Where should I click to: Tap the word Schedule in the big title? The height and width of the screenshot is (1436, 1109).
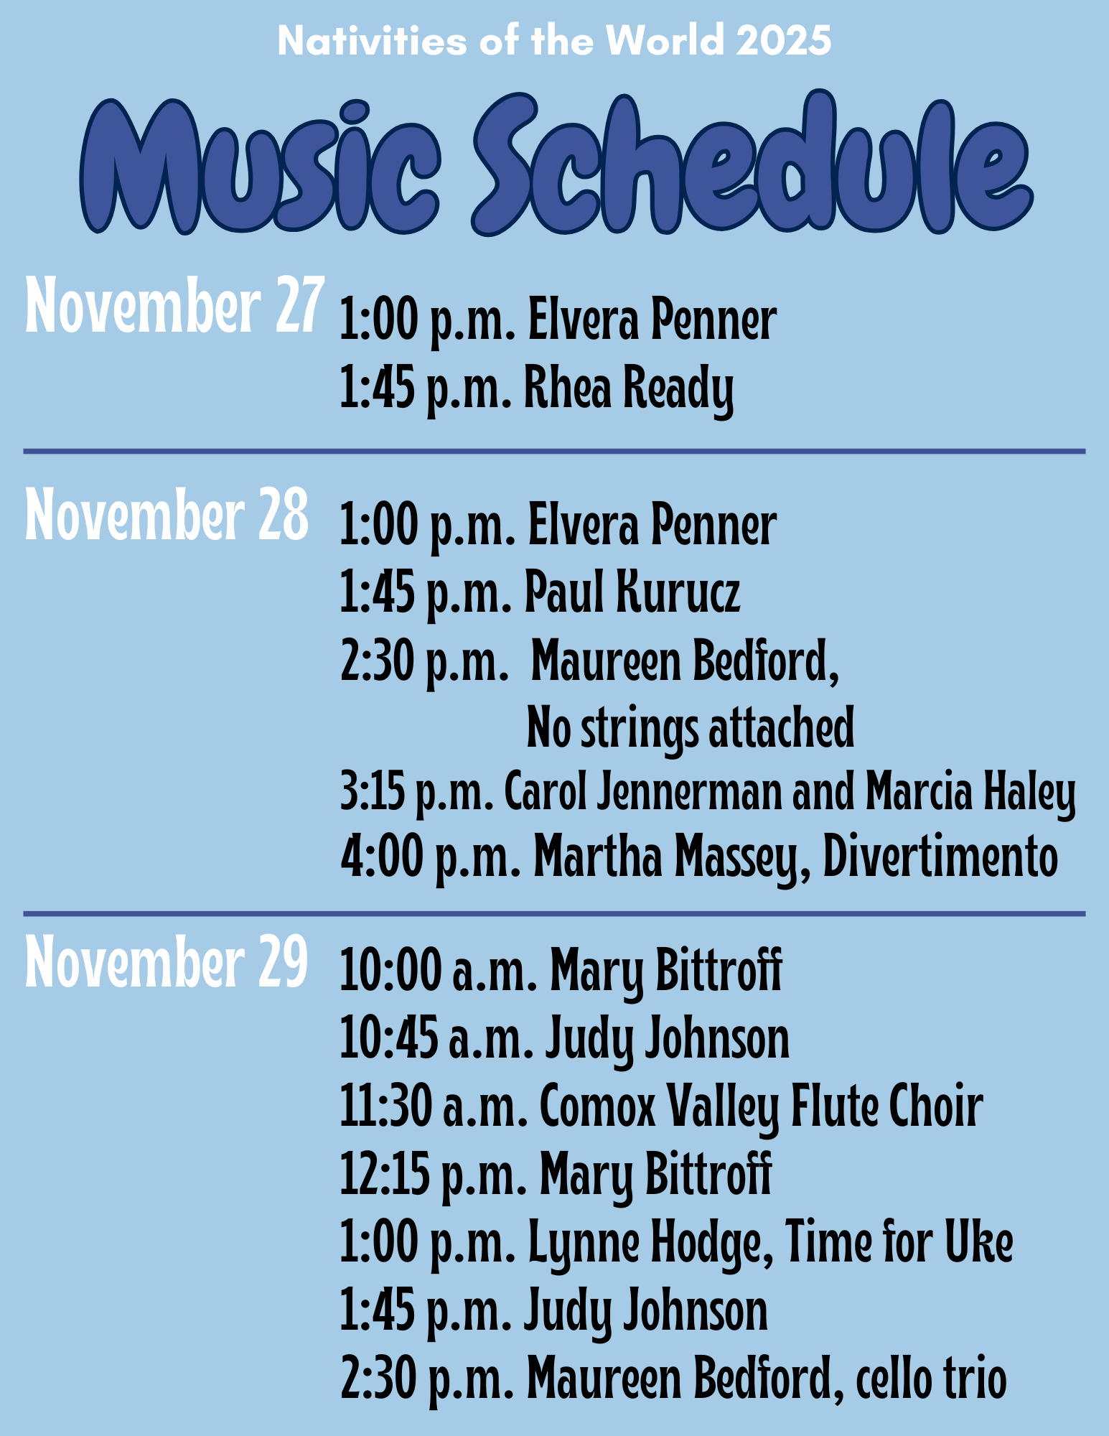(x=752, y=164)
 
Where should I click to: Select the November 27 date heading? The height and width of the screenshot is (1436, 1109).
(x=172, y=307)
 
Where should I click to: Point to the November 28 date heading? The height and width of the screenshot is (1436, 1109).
(x=167, y=514)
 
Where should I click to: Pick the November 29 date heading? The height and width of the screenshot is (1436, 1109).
(x=167, y=961)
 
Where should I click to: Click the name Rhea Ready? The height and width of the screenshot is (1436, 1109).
(x=629, y=389)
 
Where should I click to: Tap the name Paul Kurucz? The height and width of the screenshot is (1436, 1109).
(x=632, y=593)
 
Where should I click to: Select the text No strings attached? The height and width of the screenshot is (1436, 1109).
(x=691, y=728)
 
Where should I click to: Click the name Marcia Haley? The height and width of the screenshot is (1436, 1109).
(x=970, y=795)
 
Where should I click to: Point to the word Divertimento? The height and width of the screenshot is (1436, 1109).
(x=940, y=858)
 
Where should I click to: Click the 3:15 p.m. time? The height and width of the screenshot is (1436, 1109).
(x=417, y=795)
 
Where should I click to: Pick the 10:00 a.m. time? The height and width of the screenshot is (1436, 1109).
(x=439, y=972)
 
